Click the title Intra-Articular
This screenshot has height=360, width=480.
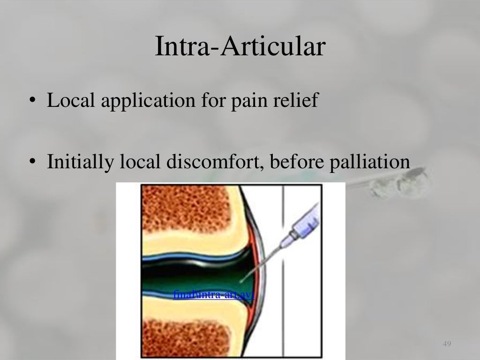(240, 47)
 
